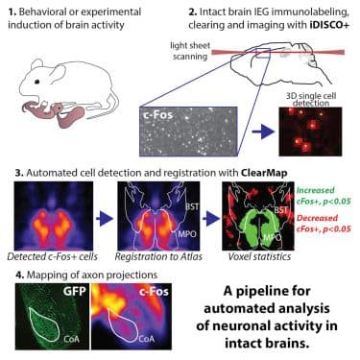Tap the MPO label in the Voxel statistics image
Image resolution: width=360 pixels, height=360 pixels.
[x=260, y=236]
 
